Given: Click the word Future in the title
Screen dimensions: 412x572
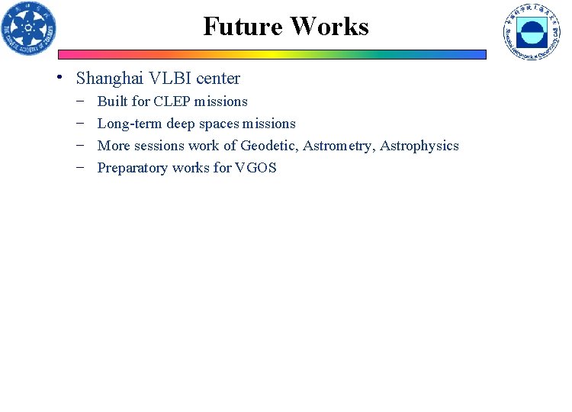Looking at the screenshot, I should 243,27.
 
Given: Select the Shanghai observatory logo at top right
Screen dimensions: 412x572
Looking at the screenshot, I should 531,32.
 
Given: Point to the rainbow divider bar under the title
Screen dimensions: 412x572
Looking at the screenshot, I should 272,55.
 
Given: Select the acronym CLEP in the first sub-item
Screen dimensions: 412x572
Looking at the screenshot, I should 172,101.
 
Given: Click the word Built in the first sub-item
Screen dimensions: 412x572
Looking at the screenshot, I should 113,101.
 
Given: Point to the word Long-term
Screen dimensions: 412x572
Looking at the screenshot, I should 128,124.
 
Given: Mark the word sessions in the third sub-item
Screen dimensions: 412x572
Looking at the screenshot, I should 159,146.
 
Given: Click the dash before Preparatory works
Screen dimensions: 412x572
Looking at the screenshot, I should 81,167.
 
